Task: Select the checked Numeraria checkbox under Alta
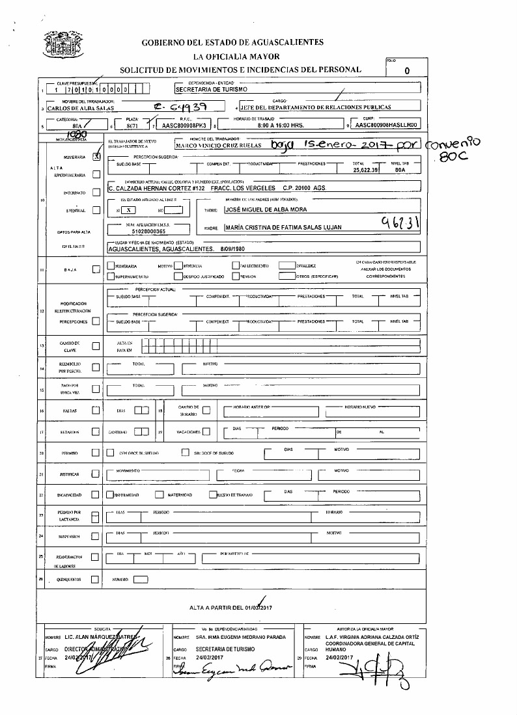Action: [x=96, y=156]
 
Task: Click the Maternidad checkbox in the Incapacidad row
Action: [x=159, y=494]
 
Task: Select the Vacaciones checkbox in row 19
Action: [x=206, y=431]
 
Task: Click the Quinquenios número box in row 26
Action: [x=141, y=578]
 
